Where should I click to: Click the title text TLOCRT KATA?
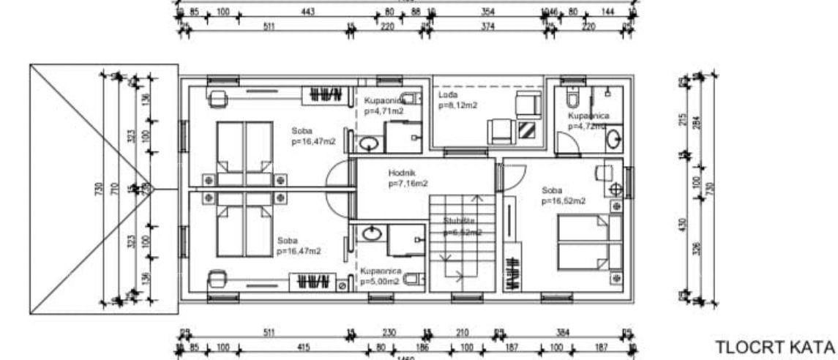(775, 345)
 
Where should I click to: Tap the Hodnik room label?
(403, 173)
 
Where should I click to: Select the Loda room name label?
(447, 95)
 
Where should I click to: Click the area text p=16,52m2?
(564, 200)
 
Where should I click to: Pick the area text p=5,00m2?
(379, 280)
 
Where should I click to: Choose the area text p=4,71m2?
(384, 112)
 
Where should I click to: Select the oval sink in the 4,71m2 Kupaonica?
(370, 142)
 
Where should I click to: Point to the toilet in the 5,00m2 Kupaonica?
(413, 279)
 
